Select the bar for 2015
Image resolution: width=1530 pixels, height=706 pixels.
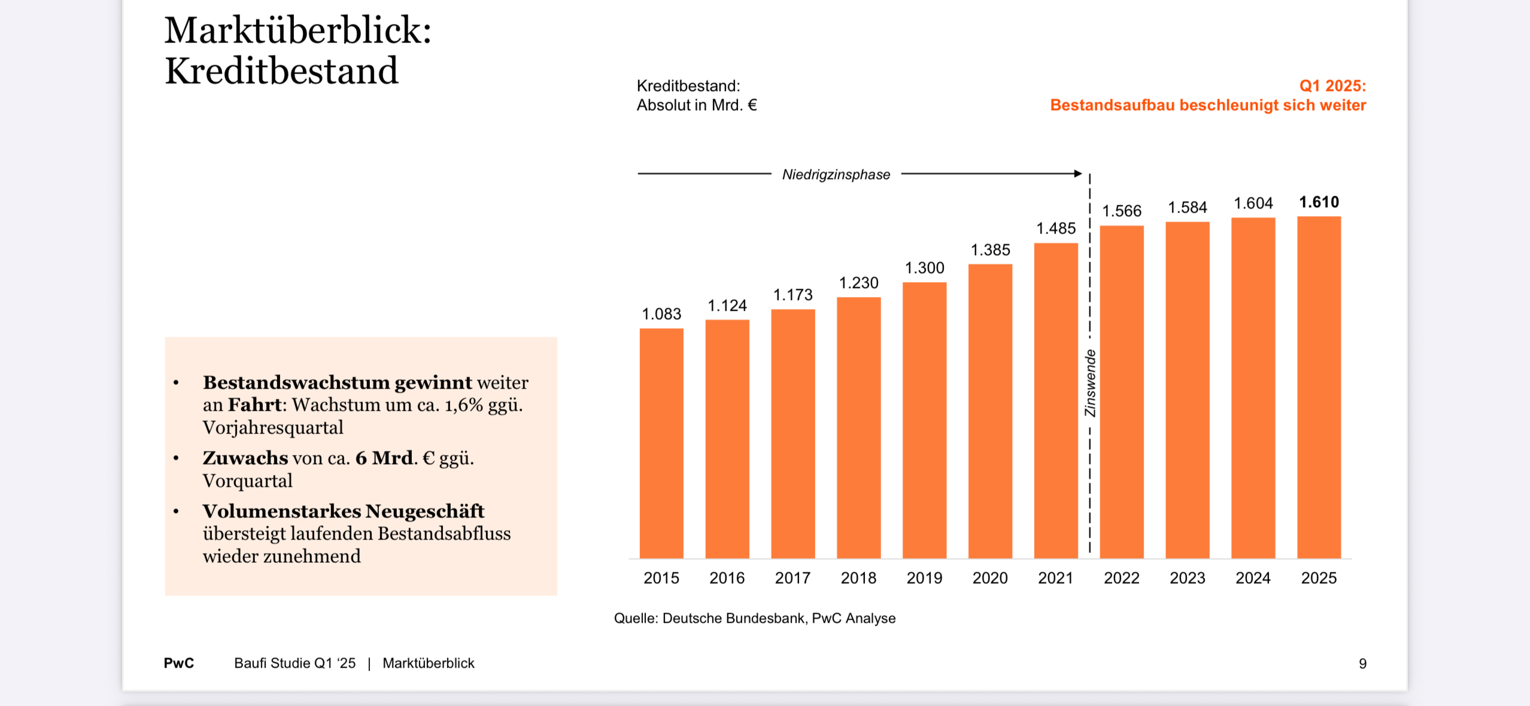coord(661,443)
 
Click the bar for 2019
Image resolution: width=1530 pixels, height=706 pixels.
coord(924,419)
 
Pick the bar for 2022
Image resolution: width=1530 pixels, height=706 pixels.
coord(1121,392)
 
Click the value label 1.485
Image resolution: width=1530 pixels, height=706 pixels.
coord(1056,228)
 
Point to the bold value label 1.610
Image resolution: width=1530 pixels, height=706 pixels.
coord(1319,202)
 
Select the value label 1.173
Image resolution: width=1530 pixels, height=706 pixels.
coord(793,295)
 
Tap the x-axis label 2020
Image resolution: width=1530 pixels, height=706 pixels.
coord(990,578)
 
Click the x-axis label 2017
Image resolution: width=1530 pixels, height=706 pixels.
coord(793,578)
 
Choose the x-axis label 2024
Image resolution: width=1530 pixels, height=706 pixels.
coord(1253,578)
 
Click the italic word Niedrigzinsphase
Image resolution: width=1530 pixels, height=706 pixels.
coord(836,174)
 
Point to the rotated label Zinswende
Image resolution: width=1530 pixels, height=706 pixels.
coord(1090,383)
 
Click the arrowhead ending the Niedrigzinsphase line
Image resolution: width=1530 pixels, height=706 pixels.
coord(1078,174)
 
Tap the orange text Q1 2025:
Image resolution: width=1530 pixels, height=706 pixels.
coord(1332,86)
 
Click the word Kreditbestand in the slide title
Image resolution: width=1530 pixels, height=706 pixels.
coord(281,71)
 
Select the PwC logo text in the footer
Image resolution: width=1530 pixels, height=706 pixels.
coord(178,663)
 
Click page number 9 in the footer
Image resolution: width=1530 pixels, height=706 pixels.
coord(1362,663)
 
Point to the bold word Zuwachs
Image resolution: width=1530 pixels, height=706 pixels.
coord(245,457)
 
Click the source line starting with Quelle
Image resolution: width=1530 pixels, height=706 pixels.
coord(754,618)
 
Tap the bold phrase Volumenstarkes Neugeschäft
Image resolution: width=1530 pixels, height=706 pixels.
coord(343,511)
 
